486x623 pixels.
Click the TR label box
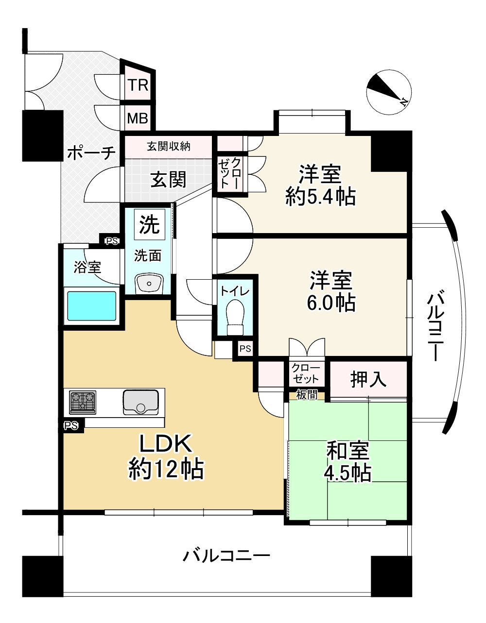[x=138, y=85]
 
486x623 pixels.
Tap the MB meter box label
[x=138, y=118]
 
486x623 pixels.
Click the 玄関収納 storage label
[x=169, y=147]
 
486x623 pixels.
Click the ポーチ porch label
[x=91, y=153]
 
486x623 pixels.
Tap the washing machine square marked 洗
[x=150, y=224]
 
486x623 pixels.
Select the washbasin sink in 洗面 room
[x=149, y=284]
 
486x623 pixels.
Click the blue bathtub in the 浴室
[x=92, y=306]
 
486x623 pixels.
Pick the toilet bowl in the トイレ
[x=235, y=317]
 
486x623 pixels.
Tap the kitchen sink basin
[x=140, y=402]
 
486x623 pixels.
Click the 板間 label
[x=307, y=395]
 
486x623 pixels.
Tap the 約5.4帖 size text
[x=320, y=197]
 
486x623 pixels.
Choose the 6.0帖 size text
[x=331, y=303]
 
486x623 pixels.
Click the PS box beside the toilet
[x=245, y=349]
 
